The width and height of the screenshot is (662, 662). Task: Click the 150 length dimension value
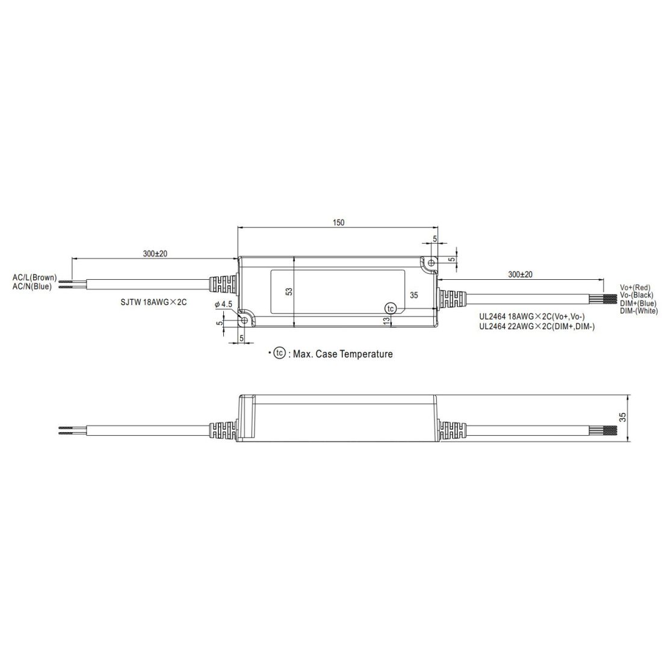pos(339,223)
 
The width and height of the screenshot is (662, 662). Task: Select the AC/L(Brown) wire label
pos(35,278)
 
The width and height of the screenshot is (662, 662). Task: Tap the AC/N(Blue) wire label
pos(32,286)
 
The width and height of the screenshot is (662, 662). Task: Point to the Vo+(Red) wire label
pos(636,288)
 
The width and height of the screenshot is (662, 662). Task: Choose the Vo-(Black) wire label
pos(636,295)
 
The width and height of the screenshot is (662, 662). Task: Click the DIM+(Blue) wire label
pos(638,303)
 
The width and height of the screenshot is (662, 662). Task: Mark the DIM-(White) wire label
pos(639,311)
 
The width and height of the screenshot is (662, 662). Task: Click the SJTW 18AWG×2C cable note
pos(153,303)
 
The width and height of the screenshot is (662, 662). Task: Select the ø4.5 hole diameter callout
pos(223,304)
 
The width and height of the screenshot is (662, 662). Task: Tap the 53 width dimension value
pos(289,292)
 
